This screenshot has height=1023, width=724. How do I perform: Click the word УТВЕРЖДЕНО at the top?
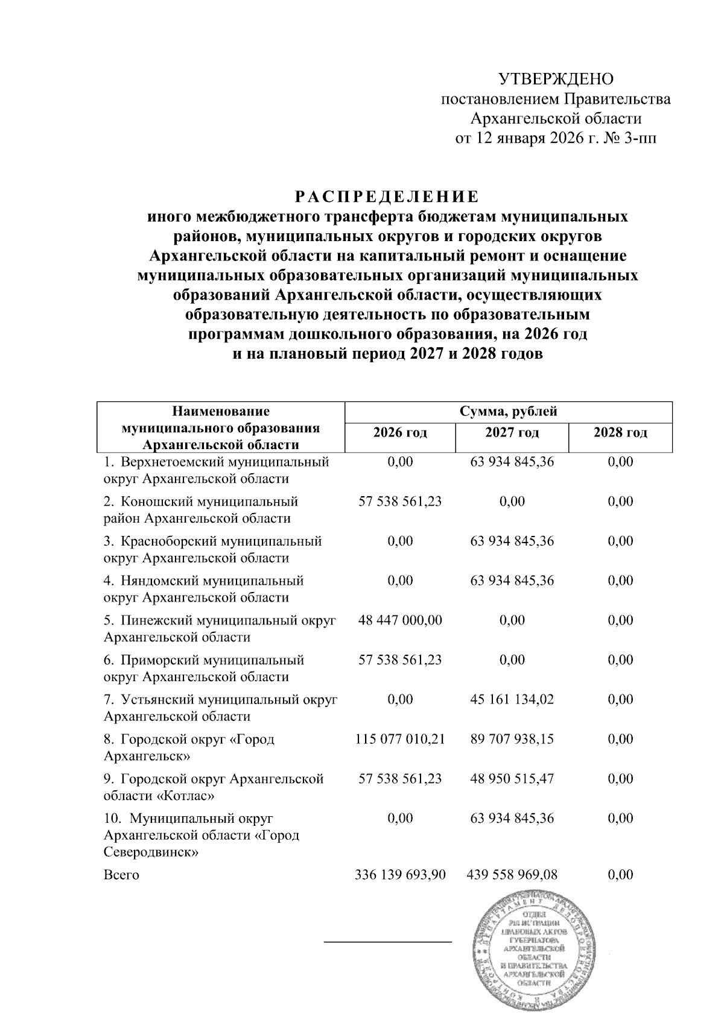(555, 79)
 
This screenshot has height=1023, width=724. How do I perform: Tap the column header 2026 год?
(400, 433)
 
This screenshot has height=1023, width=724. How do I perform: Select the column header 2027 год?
(512, 433)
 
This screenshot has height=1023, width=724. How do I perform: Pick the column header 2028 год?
(620, 433)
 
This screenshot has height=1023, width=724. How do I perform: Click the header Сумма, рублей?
(508, 412)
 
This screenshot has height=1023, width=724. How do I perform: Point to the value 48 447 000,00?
(400, 620)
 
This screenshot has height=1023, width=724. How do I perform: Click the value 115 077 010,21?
(400, 739)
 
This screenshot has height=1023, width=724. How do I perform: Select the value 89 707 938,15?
(512, 739)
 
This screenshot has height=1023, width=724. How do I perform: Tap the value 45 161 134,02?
(512, 699)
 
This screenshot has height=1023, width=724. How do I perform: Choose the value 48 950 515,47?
(512, 779)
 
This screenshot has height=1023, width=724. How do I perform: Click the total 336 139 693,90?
(400, 875)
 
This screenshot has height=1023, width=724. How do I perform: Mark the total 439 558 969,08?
(512, 875)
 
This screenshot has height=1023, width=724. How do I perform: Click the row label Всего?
(121, 875)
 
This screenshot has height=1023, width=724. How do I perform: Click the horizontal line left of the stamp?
(388, 941)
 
